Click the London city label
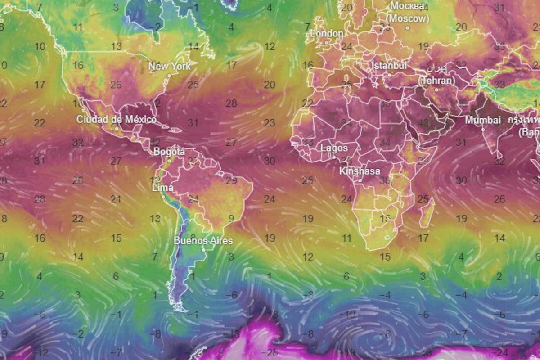tap(327, 34)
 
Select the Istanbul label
tap(389, 66)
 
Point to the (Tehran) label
tap(436, 81)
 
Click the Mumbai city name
tap(483, 120)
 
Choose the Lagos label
tap(334, 148)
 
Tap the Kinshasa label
tap(360, 171)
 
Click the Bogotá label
tap(169, 152)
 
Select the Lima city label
tap(163, 188)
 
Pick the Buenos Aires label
tap(203, 241)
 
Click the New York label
tap(169, 66)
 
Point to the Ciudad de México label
tap(117, 120)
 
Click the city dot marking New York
tap(169, 76)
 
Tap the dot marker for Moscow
tap(407, 28)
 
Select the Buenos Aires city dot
tap(203, 250)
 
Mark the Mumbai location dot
tap(483, 130)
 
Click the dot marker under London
tap(327, 43)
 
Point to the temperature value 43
tap(423, 122)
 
